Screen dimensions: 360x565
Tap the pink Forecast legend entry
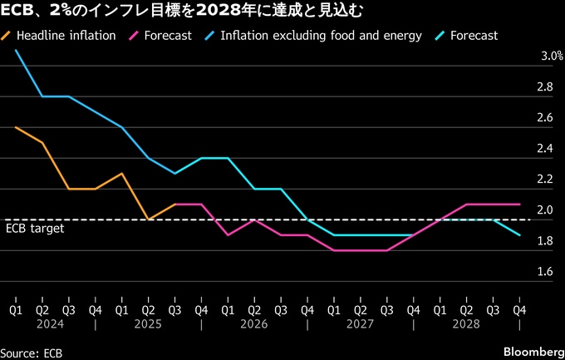click(167, 36)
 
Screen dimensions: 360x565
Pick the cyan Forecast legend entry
click(473, 36)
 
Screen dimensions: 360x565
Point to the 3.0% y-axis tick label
click(552, 57)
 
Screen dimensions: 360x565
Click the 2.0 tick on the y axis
click(545, 210)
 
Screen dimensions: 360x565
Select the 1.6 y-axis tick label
click(545, 272)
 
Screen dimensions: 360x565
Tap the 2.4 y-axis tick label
click(545, 149)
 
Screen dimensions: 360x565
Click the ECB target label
click(35, 228)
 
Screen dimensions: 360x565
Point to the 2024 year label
click(56, 324)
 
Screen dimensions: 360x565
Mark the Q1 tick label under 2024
click(16, 310)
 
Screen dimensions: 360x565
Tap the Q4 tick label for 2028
click(520, 310)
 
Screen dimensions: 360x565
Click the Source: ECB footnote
click(32, 352)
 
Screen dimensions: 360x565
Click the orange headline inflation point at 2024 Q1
click(16, 127)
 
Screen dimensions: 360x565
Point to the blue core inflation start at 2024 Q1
click(16, 51)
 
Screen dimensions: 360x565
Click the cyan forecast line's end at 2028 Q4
click(520, 235)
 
